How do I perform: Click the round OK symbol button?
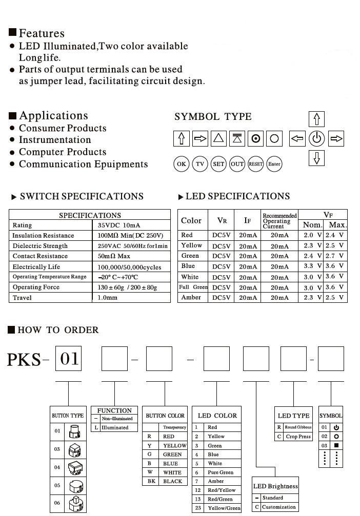pyautogui.click(x=181, y=164)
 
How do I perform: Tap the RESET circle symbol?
pyautogui.click(x=255, y=164)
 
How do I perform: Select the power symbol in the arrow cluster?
pyautogui.click(x=317, y=138)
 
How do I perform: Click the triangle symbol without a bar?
pyautogui.click(x=219, y=138)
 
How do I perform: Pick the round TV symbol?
pyautogui.click(x=200, y=164)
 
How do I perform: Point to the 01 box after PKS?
pyautogui.click(x=68, y=358)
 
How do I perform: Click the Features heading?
pyautogui.click(x=42, y=33)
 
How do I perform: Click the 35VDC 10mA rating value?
pyautogui.click(x=119, y=225)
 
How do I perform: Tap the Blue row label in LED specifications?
pyautogui.click(x=188, y=266)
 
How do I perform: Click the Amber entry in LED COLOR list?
pyautogui.click(x=216, y=481)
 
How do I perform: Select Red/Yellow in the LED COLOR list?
pyautogui.click(x=222, y=490)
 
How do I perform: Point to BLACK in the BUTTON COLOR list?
pyautogui.click(x=172, y=482)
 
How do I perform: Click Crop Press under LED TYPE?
pyautogui.click(x=298, y=437)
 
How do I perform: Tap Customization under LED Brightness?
pyautogui.click(x=279, y=507)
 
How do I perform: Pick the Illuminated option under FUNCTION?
pyautogui.click(x=115, y=427)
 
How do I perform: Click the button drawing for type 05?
pyautogui.click(x=76, y=485)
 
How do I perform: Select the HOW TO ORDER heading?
pyautogui.click(x=58, y=330)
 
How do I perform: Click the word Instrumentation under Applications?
pyautogui.click(x=55, y=140)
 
